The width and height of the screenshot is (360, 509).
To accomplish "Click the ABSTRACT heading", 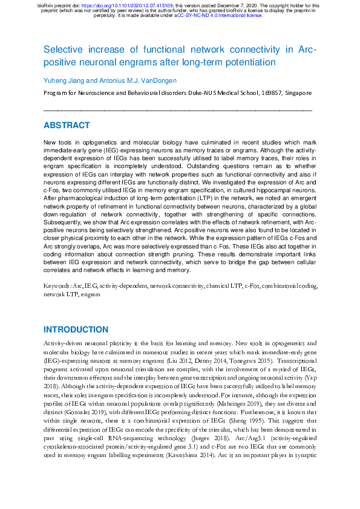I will click(x=67, y=126).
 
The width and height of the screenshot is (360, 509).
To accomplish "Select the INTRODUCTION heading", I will click(x=76, y=329).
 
